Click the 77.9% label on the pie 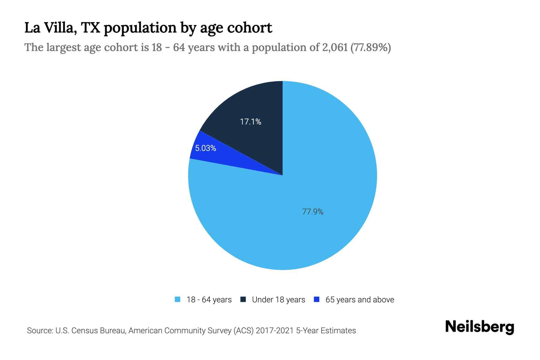pyautogui.click(x=313, y=212)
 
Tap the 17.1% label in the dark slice pyautogui.click(x=250, y=122)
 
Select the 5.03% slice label pyautogui.click(x=205, y=148)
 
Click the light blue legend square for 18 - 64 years pyautogui.click(x=178, y=299)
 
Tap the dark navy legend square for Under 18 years pyautogui.click(x=243, y=299)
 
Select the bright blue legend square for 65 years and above pyautogui.click(x=316, y=299)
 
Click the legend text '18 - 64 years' pyautogui.click(x=209, y=300)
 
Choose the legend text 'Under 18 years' pyautogui.click(x=278, y=300)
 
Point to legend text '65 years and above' pyautogui.click(x=360, y=300)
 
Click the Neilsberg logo pyautogui.click(x=479, y=327)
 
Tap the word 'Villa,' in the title pyautogui.click(x=61, y=28)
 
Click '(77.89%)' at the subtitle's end pyautogui.click(x=370, y=47)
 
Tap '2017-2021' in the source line pyautogui.click(x=274, y=331)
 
